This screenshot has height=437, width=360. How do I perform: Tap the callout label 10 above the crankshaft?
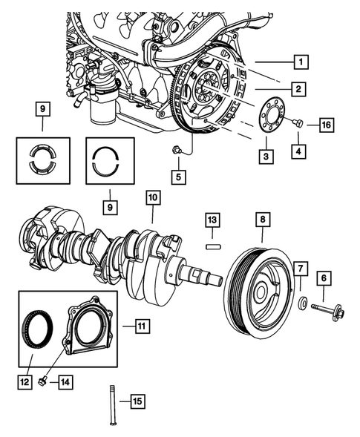[152, 198]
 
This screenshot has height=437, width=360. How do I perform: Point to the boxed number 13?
[212, 220]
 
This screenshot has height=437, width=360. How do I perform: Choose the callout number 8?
[262, 220]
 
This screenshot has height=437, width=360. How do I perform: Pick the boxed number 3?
[264, 157]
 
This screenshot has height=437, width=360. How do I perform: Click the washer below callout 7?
[302, 303]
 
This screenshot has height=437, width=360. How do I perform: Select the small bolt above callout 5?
[174, 151]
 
